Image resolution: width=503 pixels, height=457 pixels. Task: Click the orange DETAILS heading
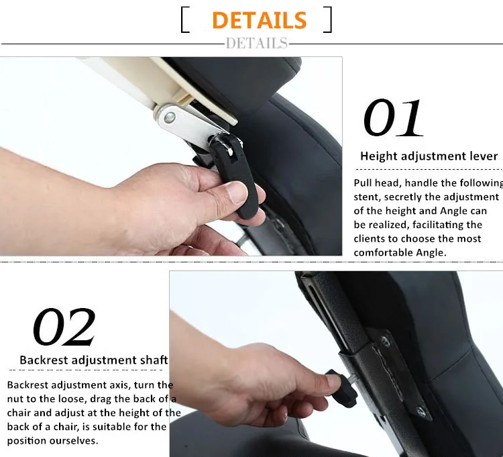pos(259,20)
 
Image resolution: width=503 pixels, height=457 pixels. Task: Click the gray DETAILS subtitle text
pos(257,44)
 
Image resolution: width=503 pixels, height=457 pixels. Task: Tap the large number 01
pos(393,118)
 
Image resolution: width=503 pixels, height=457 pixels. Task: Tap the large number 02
pos(64,327)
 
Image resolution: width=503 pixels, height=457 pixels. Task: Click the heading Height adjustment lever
pos(429,156)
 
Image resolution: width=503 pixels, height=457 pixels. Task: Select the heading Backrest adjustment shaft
pos(94,360)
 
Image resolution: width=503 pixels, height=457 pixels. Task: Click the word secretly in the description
pos(402,197)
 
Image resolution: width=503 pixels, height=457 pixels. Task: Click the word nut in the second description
pos(14,399)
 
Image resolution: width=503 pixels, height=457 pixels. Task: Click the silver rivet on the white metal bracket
pos(170,118)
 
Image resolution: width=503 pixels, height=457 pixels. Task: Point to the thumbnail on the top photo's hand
pos(237,193)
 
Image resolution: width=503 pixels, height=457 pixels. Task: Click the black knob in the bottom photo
pos(341,389)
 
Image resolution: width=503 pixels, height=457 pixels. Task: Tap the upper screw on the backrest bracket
pos(386,342)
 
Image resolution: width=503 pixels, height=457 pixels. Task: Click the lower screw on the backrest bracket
pos(421,412)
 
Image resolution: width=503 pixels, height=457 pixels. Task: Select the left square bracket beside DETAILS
pos(185,20)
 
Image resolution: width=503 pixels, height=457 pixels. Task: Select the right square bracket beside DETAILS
pos(327,19)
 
